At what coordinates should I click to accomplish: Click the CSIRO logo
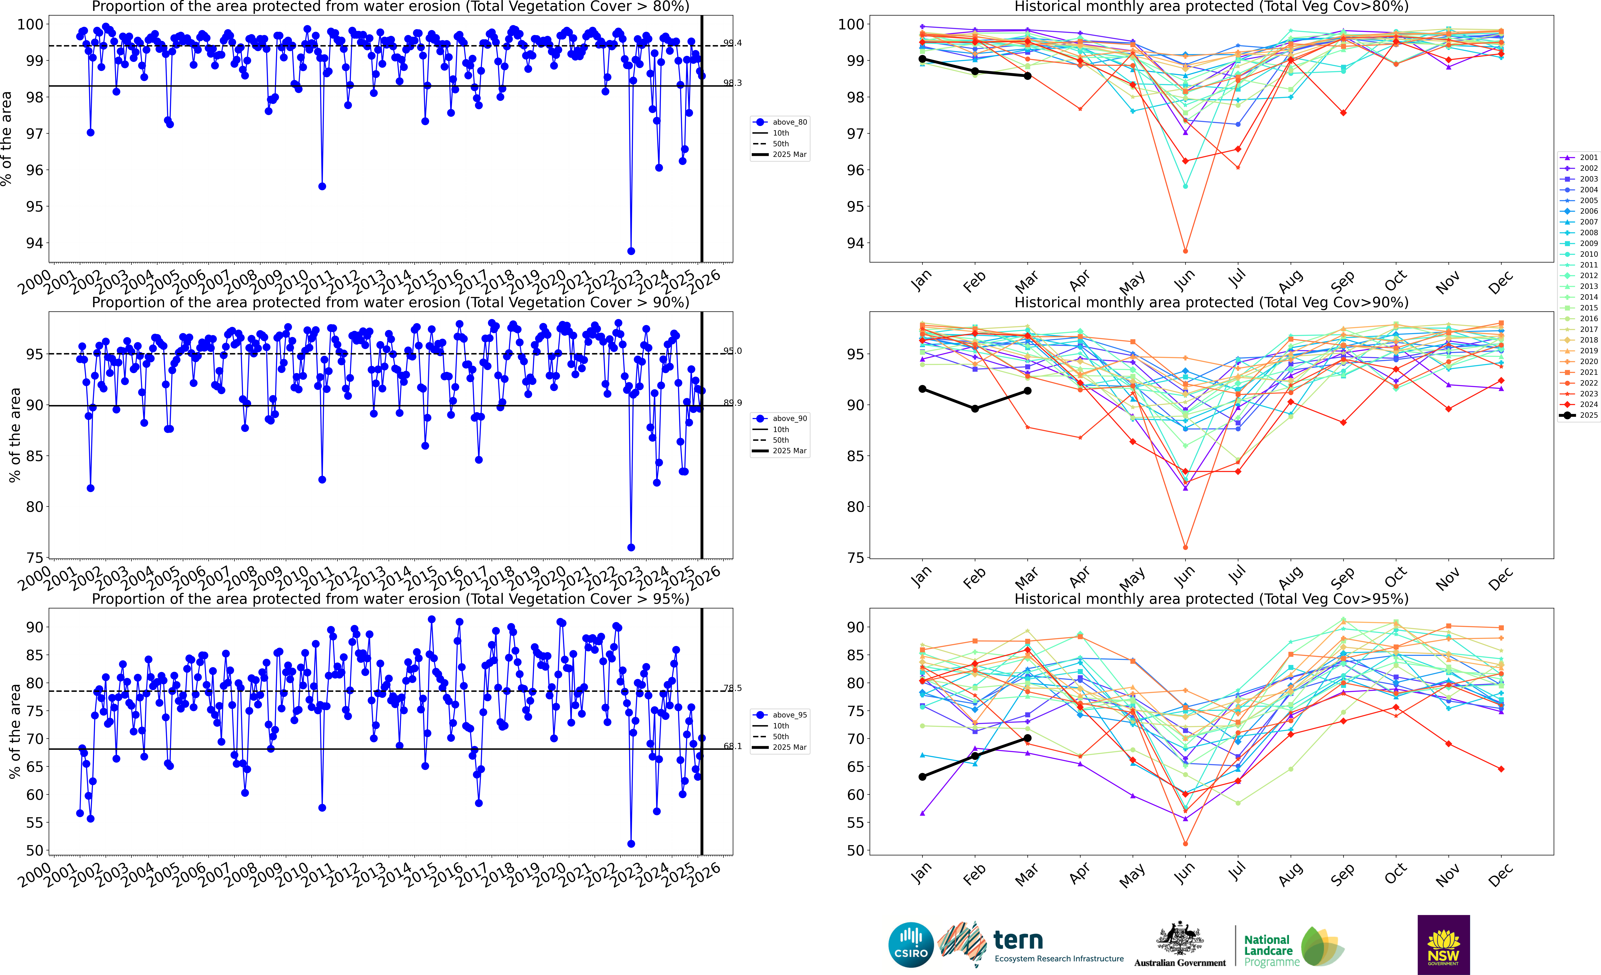pos(911,944)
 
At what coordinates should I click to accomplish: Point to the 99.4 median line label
pos(732,43)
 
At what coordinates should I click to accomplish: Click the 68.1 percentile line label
pos(732,746)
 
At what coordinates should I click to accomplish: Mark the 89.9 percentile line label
pos(732,403)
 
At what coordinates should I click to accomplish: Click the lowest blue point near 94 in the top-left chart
pos(631,251)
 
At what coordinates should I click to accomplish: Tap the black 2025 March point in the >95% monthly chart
pos(1027,738)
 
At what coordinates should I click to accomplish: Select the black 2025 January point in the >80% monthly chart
pos(922,59)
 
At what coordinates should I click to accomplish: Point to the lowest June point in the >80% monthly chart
pos(1185,251)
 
